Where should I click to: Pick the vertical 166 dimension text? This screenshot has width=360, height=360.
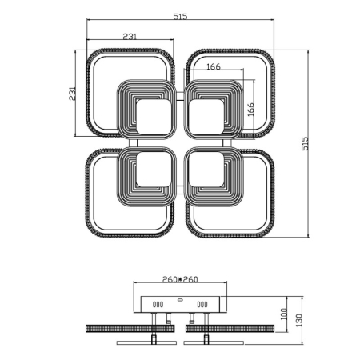click(250, 110)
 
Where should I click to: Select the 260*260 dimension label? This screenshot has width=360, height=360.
click(180, 280)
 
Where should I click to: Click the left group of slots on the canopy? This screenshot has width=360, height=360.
click(157, 304)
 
